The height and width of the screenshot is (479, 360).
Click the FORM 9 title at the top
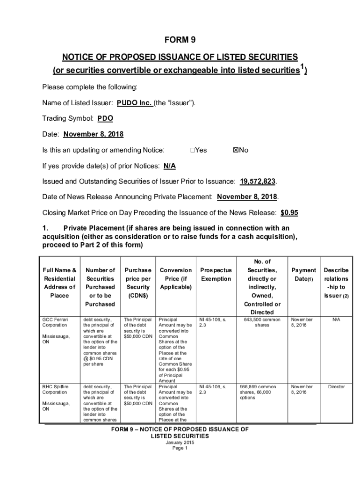tap(180, 40)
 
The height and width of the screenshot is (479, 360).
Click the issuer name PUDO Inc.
tap(134, 103)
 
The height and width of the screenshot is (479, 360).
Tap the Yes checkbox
tap(193, 150)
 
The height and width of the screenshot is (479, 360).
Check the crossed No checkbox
tap(235, 150)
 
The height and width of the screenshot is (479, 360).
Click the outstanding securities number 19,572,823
tap(258, 181)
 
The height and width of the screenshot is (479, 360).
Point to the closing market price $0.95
tap(289, 212)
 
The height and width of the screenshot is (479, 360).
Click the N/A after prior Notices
tap(170, 166)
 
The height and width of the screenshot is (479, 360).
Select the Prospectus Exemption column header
tap(216, 275)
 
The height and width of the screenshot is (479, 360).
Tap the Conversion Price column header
tap(175, 278)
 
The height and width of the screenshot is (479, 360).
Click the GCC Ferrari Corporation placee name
tap(55, 322)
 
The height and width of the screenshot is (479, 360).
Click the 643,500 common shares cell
tap(262, 322)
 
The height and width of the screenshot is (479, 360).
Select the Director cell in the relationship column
tap(336, 387)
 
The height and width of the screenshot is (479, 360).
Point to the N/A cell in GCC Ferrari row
tap(336, 319)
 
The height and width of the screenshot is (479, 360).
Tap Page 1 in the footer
tap(180, 448)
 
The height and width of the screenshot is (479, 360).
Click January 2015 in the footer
tap(180, 443)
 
